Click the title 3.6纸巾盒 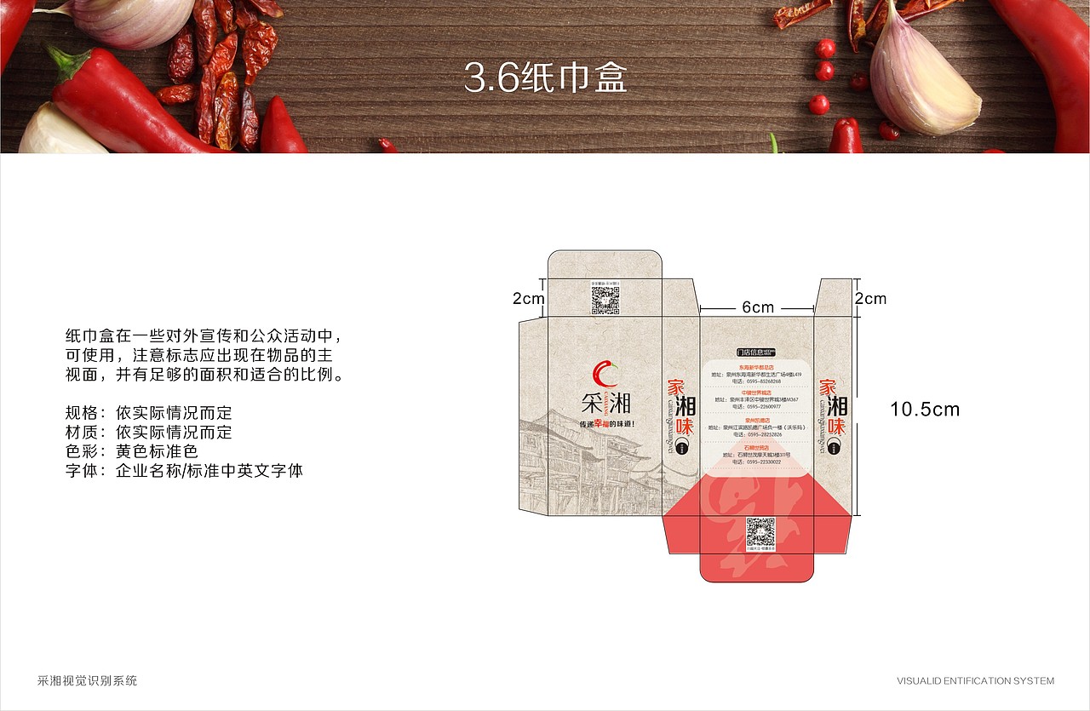tap(545, 77)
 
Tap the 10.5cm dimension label tap(924, 410)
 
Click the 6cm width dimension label tap(757, 307)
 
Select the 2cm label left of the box tap(528, 299)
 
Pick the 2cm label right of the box tap(870, 299)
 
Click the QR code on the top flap tap(605, 300)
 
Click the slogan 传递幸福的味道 tap(606, 423)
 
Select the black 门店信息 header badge tap(756, 352)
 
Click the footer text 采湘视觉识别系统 tap(88, 680)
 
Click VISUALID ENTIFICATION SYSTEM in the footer tap(975, 681)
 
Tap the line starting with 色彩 tap(131, 451)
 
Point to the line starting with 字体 tap(184, 470)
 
